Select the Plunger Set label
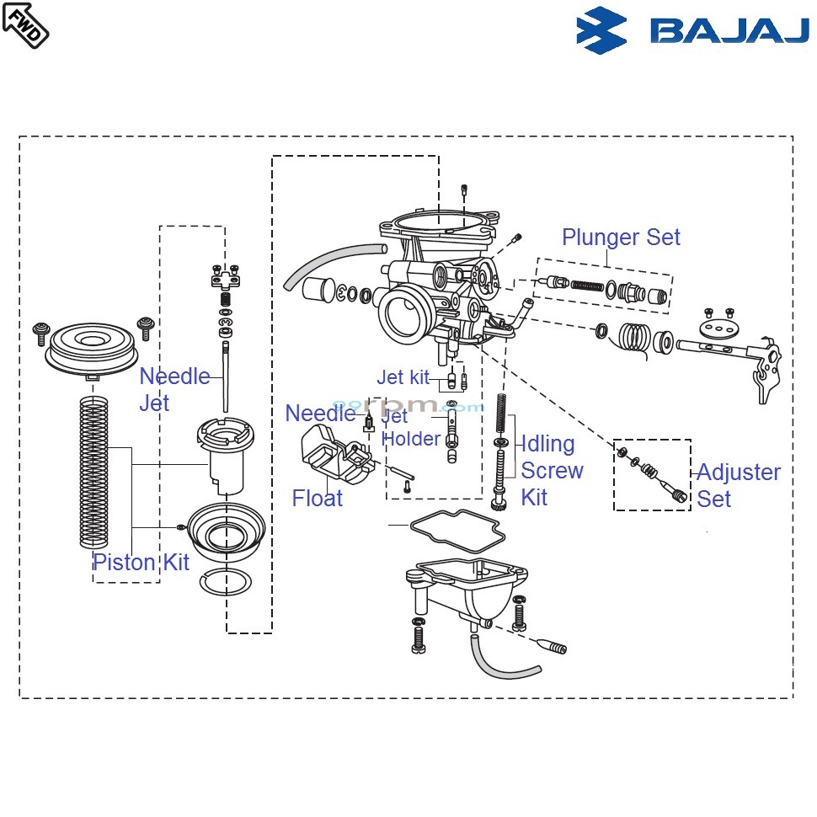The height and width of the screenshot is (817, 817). coord(621,238)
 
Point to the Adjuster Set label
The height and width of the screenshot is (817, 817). coord(738,485)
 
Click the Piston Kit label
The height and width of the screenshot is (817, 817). coord(141,563)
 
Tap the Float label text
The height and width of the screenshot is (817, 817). coord(318,499)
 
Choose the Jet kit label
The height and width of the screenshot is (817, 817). coord(403,377)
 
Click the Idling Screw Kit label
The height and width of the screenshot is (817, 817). coord(552,470)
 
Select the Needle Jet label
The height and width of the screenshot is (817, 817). coord(174,389)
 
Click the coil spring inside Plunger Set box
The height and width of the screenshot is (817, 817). coord(589,285)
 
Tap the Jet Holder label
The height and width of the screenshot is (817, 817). coord(411,427)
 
